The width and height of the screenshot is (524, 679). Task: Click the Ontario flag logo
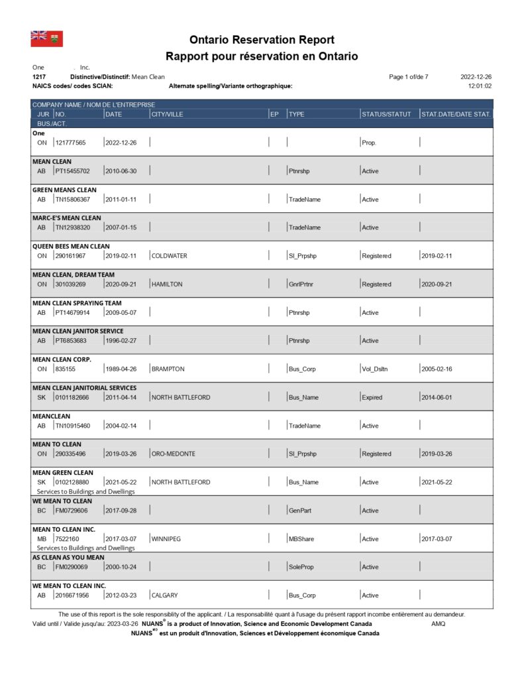tap(46, 38)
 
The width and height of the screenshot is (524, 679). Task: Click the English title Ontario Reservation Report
tap(262, 40)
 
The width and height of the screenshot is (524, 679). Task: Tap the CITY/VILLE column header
tap(167, 114)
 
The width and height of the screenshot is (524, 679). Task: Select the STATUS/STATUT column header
tap(386, 114)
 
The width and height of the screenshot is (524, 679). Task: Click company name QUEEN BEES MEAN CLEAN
tap(71, 246)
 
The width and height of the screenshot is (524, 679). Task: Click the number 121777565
tap(70, 143)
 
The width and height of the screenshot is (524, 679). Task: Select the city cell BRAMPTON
tap(168, 369)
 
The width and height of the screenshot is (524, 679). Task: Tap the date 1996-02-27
tap(121, 341)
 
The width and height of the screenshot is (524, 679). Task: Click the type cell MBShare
tap(301, 539)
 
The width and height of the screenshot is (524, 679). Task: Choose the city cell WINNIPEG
tap(166, 539)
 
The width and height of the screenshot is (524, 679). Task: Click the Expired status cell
tap(372, 397)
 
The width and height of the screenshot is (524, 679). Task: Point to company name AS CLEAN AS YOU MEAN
tap(68, 558)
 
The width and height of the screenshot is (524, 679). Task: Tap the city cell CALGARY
tap(165, 595)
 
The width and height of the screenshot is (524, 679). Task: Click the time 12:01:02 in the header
tap(480, 86)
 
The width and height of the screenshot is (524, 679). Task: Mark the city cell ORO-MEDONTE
tap(174, 454)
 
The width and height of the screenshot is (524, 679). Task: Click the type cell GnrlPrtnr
tap(303, 284)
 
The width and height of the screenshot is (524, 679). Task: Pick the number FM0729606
tap(72, 511)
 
